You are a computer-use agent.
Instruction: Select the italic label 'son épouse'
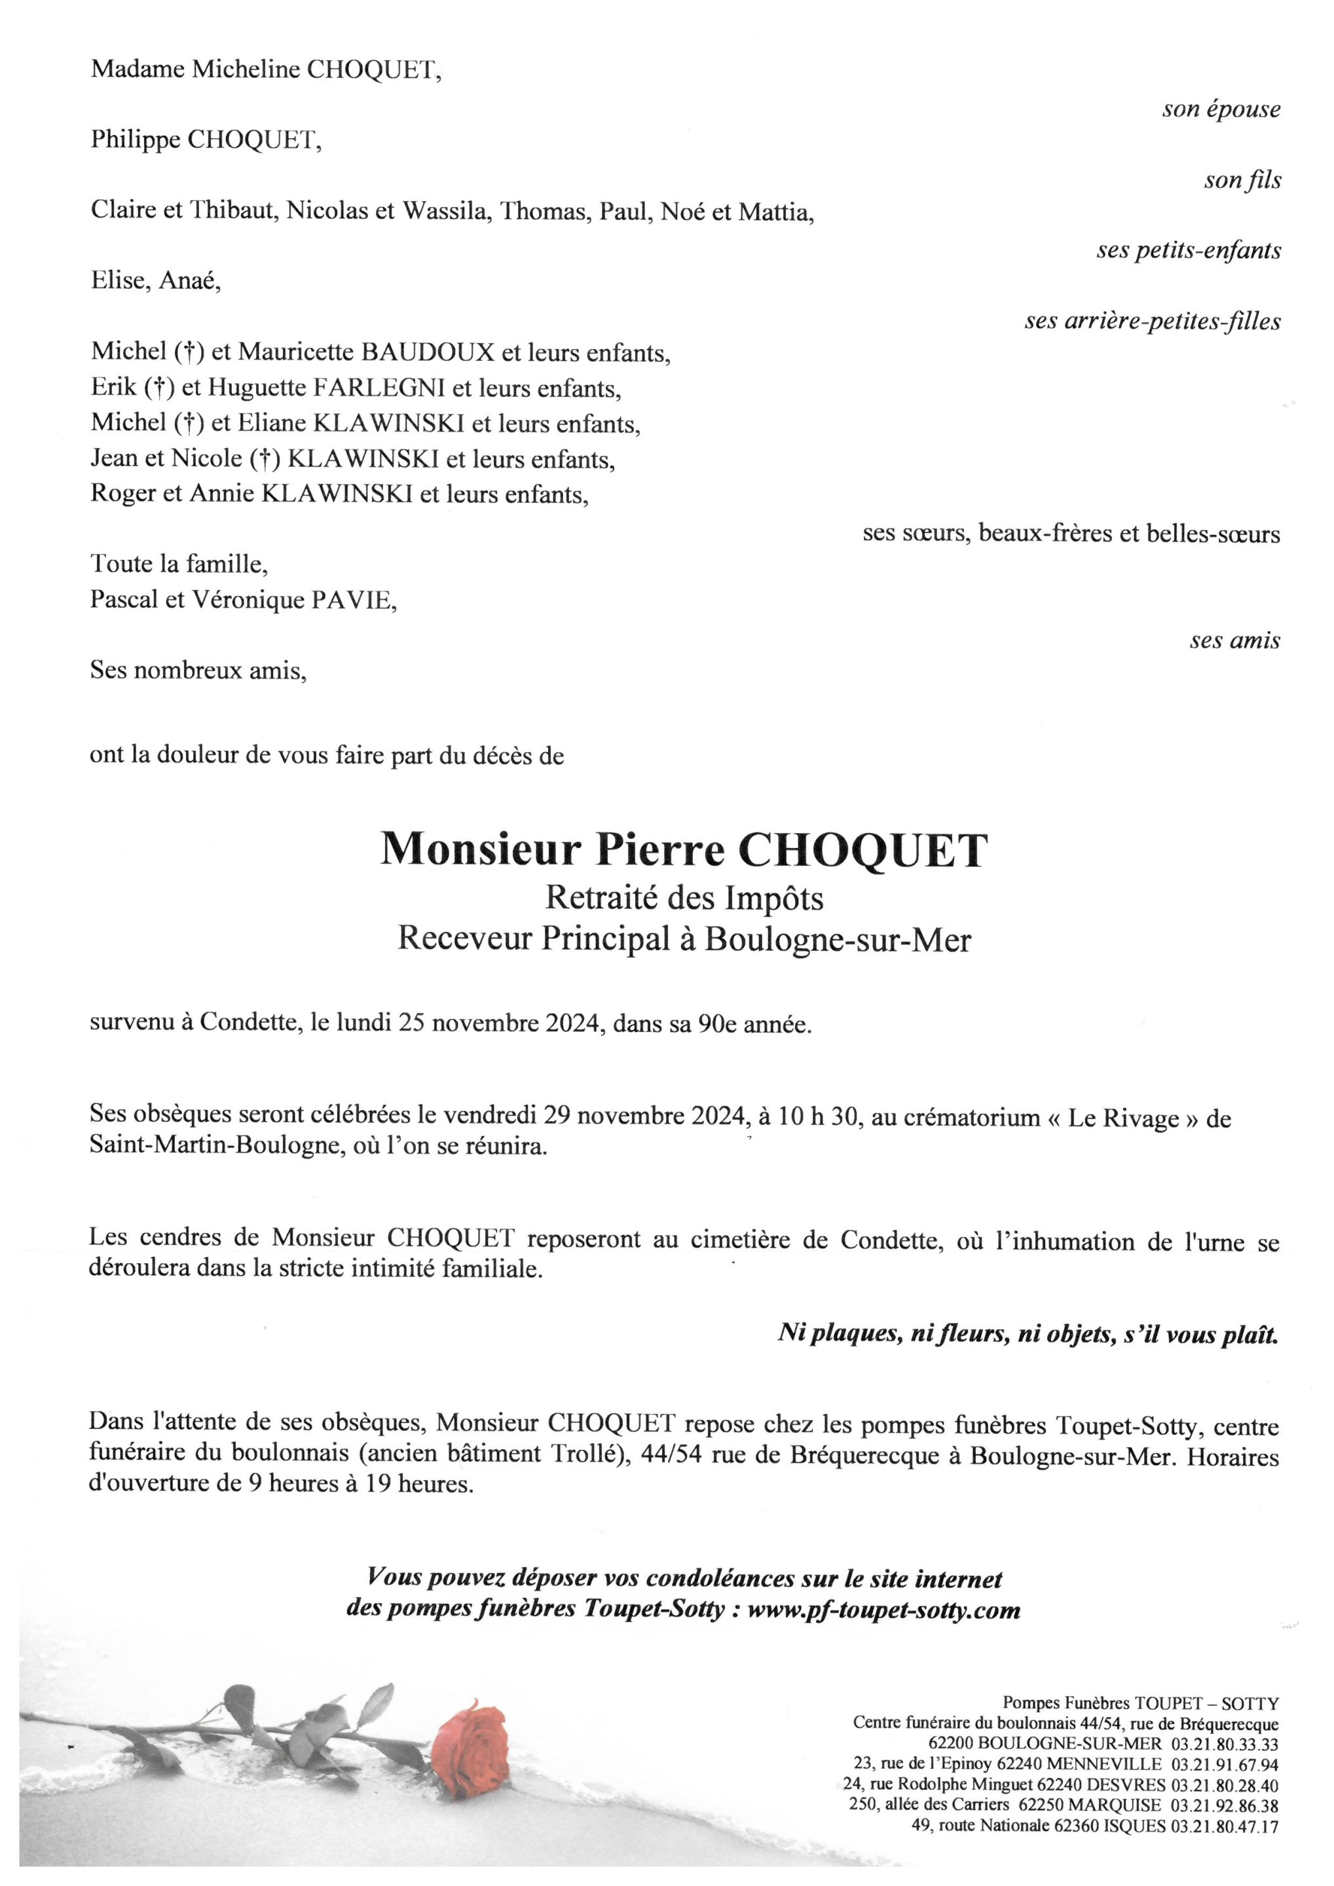[x=1220, y=109]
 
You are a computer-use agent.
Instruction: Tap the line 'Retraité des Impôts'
[x=684, y=898]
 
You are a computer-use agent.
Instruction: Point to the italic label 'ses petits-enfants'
[x=1188, y=251]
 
